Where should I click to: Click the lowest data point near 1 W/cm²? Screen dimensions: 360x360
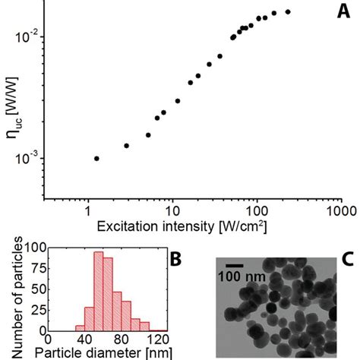[96, 158]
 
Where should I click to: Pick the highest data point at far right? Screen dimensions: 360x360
[288, 11]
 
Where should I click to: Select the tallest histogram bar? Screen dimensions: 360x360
[98, 291]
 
